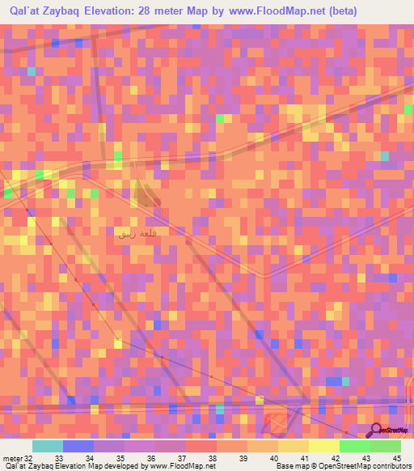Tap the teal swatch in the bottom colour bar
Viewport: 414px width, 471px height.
(x=48, y=446)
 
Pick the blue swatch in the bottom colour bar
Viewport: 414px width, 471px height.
(x=78, y=446)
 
